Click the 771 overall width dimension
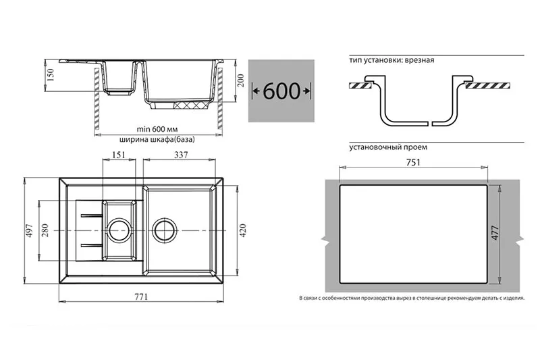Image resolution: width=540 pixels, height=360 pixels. click(x=141, y=297)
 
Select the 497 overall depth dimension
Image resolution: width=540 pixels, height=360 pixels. click(x=29, y=230)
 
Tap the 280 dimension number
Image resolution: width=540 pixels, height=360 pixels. click(x=45, y=230)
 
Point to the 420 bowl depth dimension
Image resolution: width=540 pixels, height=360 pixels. click(x=243, y=230)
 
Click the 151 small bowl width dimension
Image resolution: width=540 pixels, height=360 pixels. click(x=119, y=155)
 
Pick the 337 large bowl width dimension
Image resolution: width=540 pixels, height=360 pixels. click(x=181, y=155)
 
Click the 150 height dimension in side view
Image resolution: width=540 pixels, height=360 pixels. click(x=51, y=75)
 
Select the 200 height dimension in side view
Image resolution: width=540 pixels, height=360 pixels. click(x=241, y=80)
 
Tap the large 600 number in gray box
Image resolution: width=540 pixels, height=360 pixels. click(x=281, y=91)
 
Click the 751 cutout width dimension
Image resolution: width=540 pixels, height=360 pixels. click(x=413, y=162)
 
